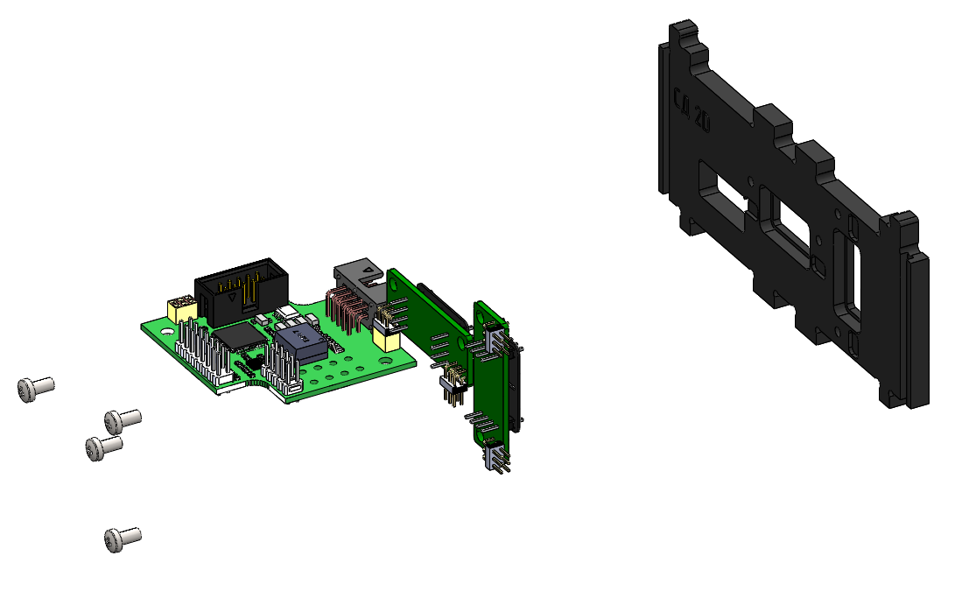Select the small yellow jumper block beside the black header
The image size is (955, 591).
pyautogui.click(x=181, y=307)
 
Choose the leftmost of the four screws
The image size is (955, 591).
pyautogui.click(x=34, y=387)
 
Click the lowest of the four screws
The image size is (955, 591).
pyautogui.click(x=122, y=538)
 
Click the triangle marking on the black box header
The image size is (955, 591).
pyautogui.click(x=231, y=298)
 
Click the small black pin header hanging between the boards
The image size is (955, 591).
pyautogui.click(x=453, y=384)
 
